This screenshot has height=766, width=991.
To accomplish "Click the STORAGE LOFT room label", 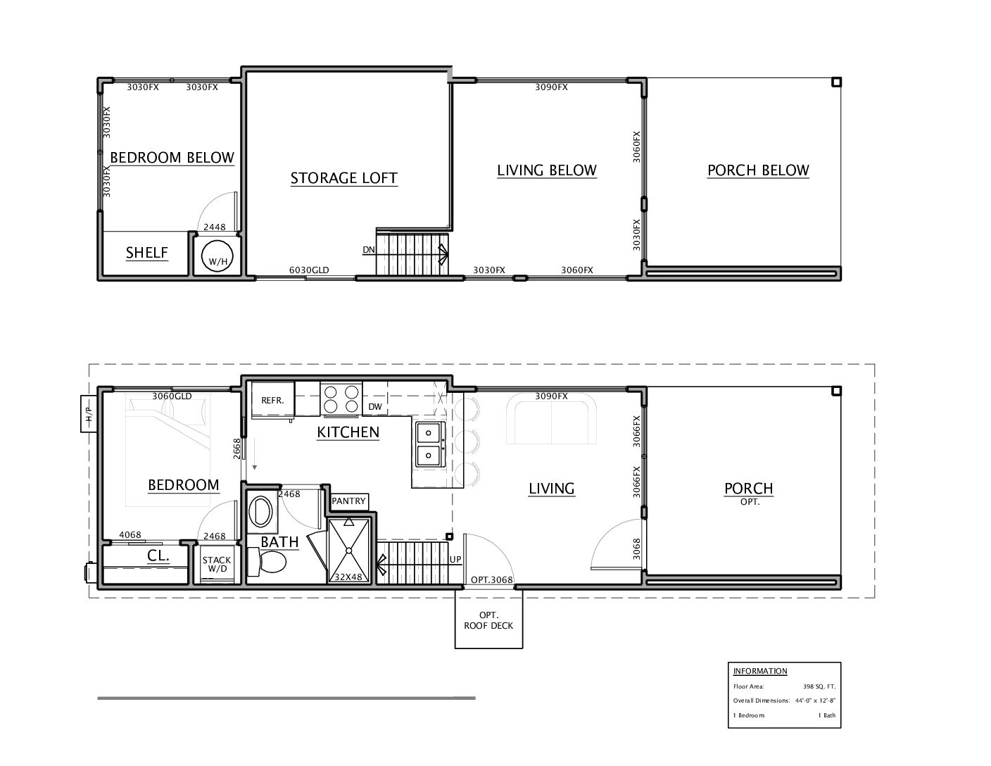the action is click(344, 178).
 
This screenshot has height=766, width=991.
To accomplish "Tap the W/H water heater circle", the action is click(217, 256).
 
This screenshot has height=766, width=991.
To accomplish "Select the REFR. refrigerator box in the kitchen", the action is click(272, 400).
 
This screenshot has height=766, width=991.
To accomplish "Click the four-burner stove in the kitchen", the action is click(341, 399).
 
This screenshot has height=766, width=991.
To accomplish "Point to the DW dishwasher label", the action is click(375, 406).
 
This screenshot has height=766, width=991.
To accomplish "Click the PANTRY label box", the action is click(349, 501).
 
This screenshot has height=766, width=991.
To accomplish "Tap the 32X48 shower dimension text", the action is click(348, 577).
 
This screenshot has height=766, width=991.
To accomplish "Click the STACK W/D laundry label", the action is click(217, 564).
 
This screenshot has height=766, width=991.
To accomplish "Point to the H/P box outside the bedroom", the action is click(89, 413).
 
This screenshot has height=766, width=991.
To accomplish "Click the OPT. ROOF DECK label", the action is click(488, 620).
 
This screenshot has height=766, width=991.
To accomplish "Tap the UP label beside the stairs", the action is click(455, 559).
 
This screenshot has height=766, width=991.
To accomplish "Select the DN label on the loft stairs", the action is click(369, 249).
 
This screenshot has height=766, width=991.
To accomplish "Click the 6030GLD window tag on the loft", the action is click(309, 270).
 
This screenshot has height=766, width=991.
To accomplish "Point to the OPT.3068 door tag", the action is click(491, 579).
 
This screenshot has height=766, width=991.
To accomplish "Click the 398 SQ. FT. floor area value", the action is click(819, 686).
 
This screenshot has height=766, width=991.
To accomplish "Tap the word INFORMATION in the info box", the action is click(760, 671).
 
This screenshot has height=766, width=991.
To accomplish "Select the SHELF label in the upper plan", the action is click(147, 253).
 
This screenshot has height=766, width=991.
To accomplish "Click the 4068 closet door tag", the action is click(130, 534).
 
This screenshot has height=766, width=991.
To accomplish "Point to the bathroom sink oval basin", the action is click(261, 511).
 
